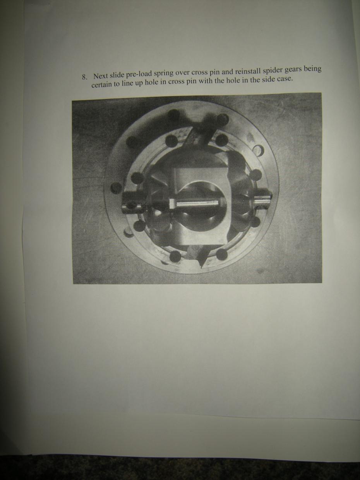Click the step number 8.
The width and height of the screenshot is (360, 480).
(x=84, y=77)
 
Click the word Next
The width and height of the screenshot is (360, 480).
(x=101, y=76)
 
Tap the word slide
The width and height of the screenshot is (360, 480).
(x=117, y=75)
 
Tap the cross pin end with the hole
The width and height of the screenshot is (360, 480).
(x=132, y=203)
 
